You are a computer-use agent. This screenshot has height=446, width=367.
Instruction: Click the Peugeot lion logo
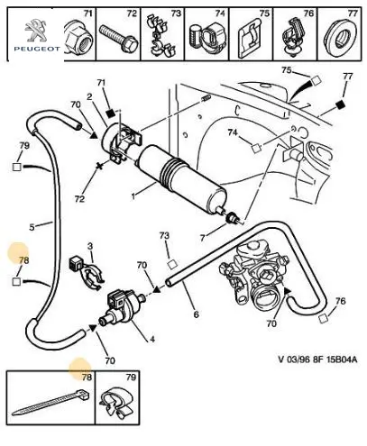click(x=36, y=30)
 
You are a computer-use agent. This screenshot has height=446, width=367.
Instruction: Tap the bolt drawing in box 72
click(x=119, y=38)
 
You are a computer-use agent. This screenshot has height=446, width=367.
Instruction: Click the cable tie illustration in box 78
click(x=50, y=402)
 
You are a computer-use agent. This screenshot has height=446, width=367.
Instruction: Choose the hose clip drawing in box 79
click(x=116, y=404)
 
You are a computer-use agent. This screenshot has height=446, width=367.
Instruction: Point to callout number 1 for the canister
click(x=133, y=196)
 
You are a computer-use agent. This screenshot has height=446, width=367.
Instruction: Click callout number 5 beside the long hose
click(x=32, y=227)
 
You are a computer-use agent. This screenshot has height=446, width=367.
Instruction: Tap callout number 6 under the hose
click(x=196, y=314)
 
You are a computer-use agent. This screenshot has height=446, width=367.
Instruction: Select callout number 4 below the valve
click(x=152, y=339)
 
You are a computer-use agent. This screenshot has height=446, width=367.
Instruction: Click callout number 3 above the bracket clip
click(x=90, y=246)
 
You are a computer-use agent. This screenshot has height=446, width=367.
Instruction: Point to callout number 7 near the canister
click(x=203, y=238)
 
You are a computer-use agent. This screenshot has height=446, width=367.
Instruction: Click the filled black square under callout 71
click(x=111, y=114)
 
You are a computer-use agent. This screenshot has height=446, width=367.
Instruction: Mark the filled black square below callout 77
click(x=340, y=105)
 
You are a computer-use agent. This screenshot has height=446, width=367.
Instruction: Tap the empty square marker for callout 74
click(x=256, y=149)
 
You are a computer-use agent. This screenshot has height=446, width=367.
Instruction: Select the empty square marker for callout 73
click(x=172, y=264)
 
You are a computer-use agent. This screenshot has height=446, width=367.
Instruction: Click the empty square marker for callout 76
click(x=324, y=318)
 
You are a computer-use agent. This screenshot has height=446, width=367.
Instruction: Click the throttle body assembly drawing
click(x=255, y=280)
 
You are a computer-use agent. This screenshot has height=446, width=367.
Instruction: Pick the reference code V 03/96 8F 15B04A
click(x=317, y=360)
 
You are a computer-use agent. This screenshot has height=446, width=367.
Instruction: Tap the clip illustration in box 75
click(x=250, y=39)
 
